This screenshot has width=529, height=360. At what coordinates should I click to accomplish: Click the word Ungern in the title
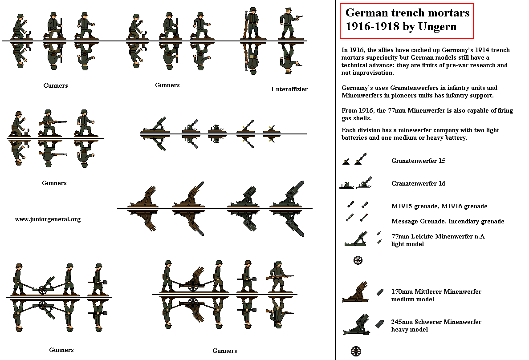440,26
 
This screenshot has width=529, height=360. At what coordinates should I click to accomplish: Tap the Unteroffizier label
289,89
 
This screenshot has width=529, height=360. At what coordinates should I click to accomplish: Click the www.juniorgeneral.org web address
48,219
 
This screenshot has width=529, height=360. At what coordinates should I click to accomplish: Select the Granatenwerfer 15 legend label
418,161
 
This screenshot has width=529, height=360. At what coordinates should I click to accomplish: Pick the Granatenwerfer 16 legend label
418,183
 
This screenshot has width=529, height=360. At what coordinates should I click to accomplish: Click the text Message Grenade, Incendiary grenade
448,221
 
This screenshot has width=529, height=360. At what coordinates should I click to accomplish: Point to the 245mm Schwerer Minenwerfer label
436,322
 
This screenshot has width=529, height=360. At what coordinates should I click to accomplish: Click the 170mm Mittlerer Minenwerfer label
436,291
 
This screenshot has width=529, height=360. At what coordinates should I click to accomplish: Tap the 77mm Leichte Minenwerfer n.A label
438,236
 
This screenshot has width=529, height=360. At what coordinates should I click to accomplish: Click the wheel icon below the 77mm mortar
358,260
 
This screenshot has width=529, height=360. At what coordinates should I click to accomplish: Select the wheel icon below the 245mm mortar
356,351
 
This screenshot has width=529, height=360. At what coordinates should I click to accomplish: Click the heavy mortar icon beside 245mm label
357,325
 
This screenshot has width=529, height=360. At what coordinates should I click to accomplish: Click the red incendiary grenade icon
364,218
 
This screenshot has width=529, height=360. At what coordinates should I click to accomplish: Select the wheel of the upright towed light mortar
43,290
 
